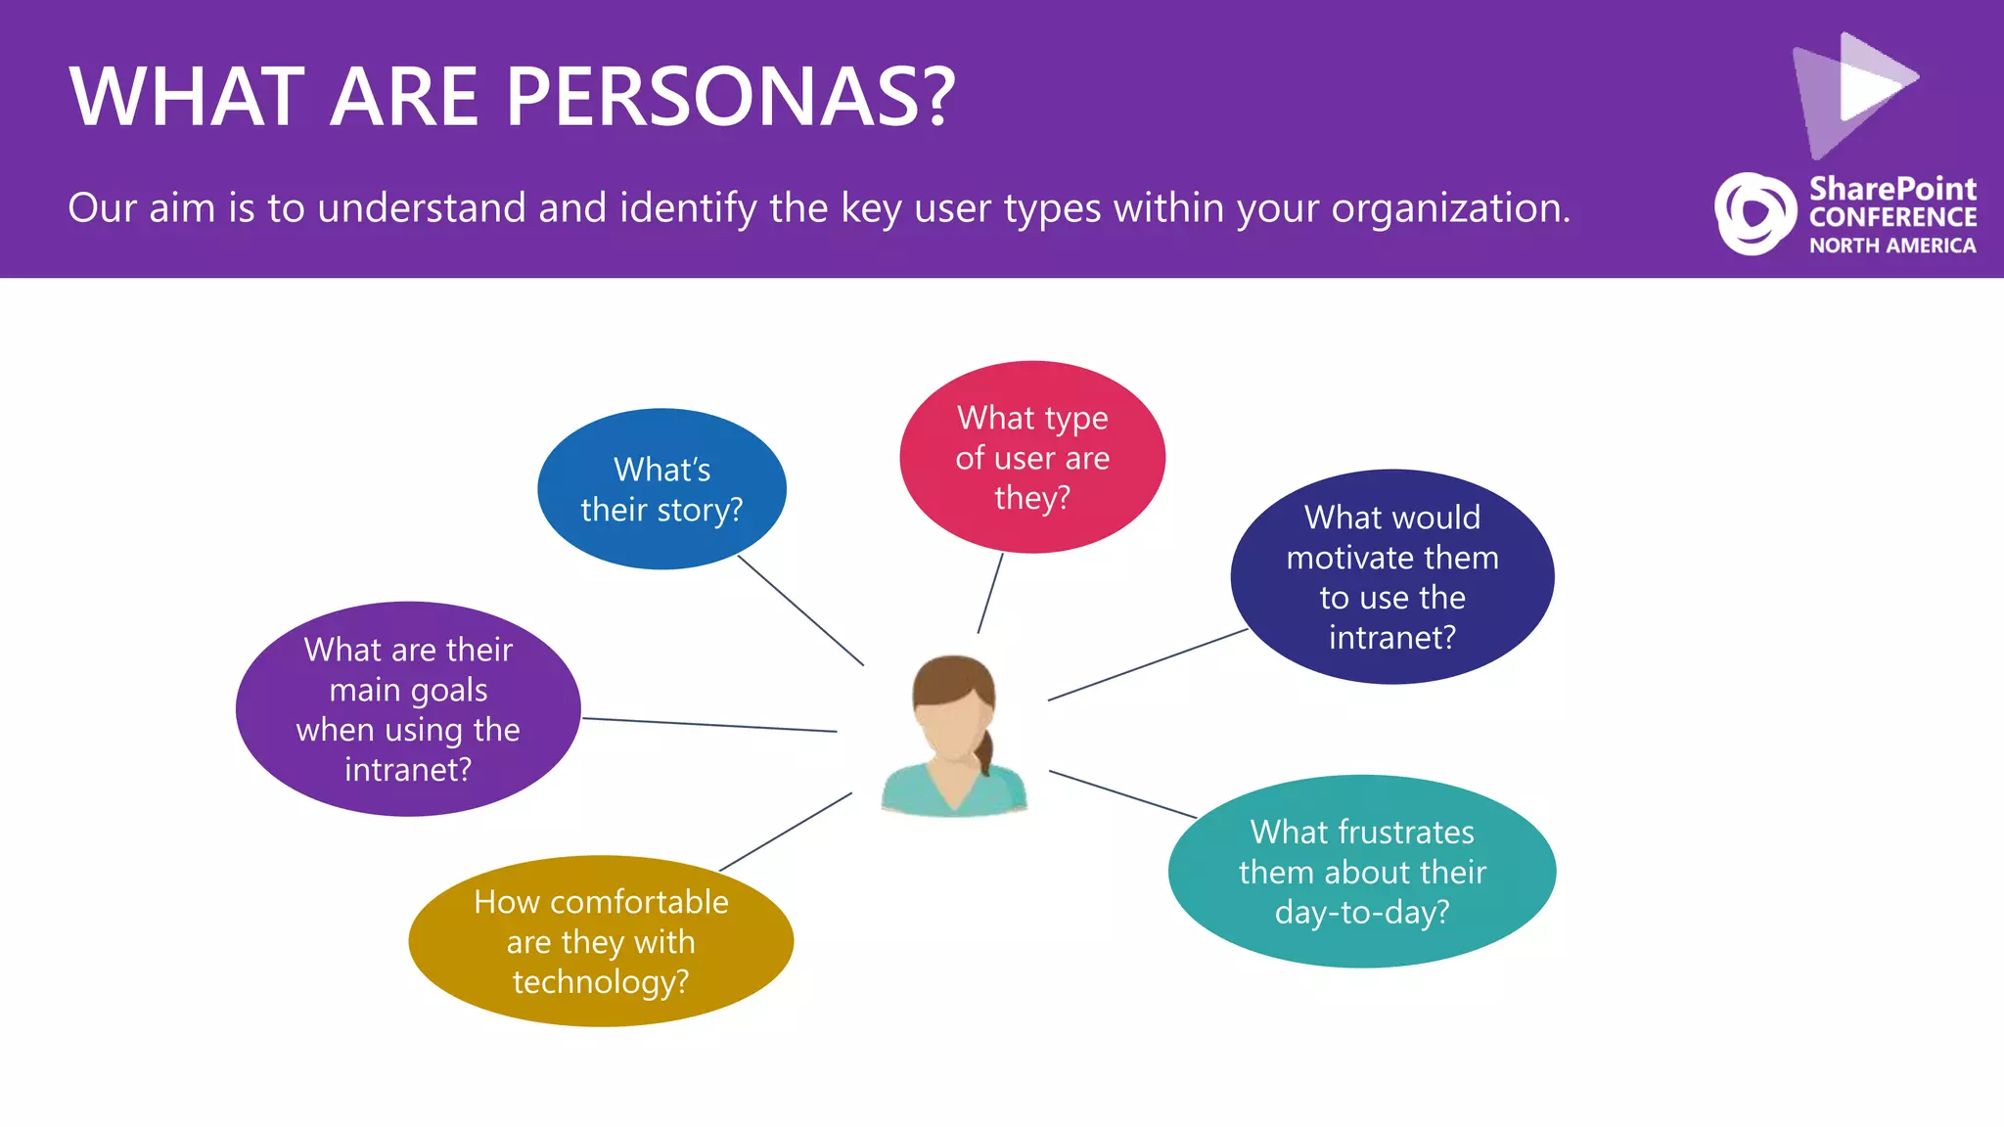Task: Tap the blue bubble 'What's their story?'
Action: tap(661, 489)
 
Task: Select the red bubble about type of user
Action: tap(1032, 457)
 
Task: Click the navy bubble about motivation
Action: tap(1391, 576)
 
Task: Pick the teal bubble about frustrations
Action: tap(1361, 871)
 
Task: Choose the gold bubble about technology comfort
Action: tap(601, 940)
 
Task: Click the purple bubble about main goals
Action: tap(408, 708)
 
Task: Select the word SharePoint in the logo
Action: tap(1892, 188)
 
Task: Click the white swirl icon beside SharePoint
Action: tap(1754, 213)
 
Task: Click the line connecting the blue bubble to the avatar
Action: tap(800, 610)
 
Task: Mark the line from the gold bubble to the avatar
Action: tap(786, 832)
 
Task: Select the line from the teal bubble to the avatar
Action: tap(1122, 793)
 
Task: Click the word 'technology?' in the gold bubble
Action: tap(601, 981)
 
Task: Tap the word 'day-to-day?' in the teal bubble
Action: tap(1361, 912)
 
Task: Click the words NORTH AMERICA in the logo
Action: tap(1892, 246)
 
